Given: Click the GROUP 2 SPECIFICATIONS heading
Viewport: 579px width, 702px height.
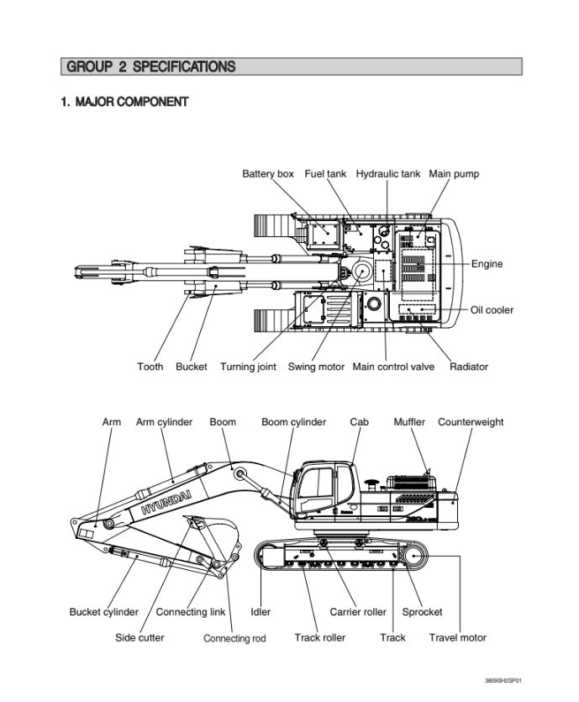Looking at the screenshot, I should pos(151,66).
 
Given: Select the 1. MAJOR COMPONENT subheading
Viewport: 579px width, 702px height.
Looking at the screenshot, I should pos(124,102).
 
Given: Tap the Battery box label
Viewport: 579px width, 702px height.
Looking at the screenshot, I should pos(268,174).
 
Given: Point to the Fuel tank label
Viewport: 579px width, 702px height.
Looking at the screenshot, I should pos(325,174).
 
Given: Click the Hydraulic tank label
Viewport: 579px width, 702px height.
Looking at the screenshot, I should pos(387,174).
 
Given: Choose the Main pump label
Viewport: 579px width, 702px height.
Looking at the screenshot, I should pos(454,174).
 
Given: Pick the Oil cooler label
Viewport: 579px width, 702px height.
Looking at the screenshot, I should pos(492,309).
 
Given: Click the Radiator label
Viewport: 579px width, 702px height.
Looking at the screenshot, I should pos(469,367).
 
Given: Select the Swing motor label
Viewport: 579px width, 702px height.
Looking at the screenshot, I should pos(316,367).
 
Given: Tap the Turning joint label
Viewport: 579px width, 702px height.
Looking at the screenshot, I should pos(248,367).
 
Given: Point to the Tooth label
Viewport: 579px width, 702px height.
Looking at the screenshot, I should pos(150,367).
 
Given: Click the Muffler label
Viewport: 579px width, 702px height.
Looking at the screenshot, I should pos(409,422).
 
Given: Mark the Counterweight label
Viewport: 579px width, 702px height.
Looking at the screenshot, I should pos(471,422).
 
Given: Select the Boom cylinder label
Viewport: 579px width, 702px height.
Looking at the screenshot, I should pos(293,422).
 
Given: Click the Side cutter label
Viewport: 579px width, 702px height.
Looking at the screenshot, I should pos(139,637).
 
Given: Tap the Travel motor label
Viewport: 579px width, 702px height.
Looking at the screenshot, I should pos(458,637).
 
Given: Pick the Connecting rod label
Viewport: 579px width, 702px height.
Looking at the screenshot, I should pos(234,638).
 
